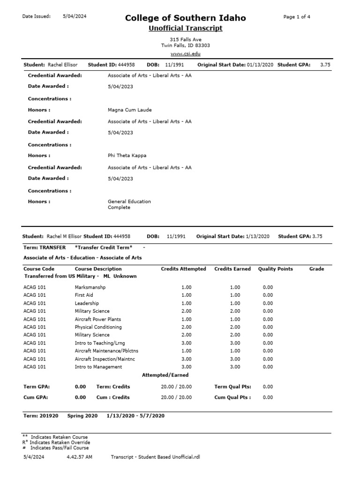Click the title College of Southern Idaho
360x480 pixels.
(185, 18)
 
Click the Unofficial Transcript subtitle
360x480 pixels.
(185, 29)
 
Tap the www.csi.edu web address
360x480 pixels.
(185, 54)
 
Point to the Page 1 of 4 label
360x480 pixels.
(297, 17)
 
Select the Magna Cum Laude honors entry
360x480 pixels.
(130, 110)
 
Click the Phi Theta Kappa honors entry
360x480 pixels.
(128, 156)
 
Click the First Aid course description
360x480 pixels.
(84, 295)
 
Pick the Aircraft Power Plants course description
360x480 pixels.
(98, 319)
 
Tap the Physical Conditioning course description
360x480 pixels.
(98, 327)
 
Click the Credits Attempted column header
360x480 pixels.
(183, 269)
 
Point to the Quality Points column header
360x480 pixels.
(276, 269)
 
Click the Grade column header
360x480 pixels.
(316, 269)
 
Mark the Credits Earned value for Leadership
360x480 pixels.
(235, 303)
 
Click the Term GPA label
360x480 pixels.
(37, 387)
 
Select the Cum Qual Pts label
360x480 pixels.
(232, 397)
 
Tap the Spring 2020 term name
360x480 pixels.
(82, 416)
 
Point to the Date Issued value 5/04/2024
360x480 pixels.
(75, 16)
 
